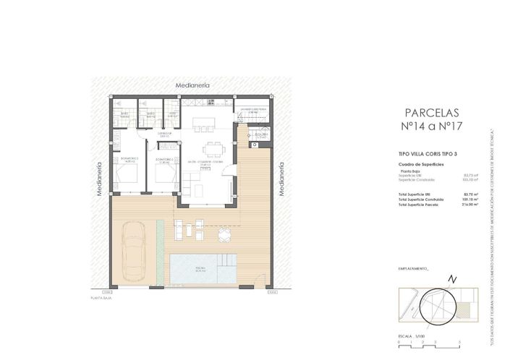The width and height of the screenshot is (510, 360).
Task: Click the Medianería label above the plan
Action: click(x=192, y=85)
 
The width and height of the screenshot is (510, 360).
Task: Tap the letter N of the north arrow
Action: click(x=453, y=279)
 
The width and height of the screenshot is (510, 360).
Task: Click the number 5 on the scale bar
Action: click(x=459, y=340)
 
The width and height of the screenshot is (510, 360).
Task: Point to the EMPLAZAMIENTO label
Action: click(x=413, y=267)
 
